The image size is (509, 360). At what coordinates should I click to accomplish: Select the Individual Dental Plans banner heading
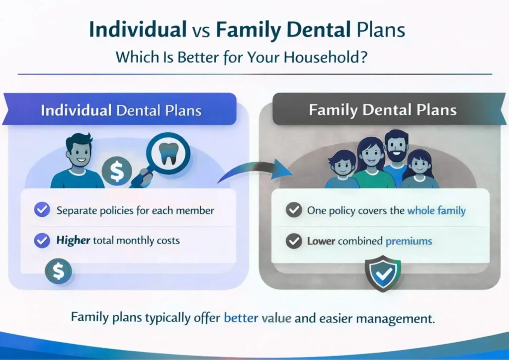(x=121, y=109)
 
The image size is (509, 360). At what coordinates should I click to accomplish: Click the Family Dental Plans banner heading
(x=382, y=109)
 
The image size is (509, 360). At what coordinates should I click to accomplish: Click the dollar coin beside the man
(x=117, y=172)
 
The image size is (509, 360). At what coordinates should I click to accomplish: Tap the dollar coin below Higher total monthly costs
(x=58, y=271)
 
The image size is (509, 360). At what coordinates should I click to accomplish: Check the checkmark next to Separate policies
(x=42, y=210)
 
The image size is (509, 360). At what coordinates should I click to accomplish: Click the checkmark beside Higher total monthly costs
(x=42, y=241)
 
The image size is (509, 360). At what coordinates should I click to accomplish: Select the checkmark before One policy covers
(x=294, y=210)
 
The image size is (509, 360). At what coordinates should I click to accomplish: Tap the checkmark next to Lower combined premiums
(x=294, y=242)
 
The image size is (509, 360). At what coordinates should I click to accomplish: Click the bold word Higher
(x=73, y=241)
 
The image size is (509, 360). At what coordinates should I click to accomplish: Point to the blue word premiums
(x=409, y=242)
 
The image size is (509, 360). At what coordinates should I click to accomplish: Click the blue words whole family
(x=436, y=210)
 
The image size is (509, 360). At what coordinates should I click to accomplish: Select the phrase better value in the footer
(x=257, y=318)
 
